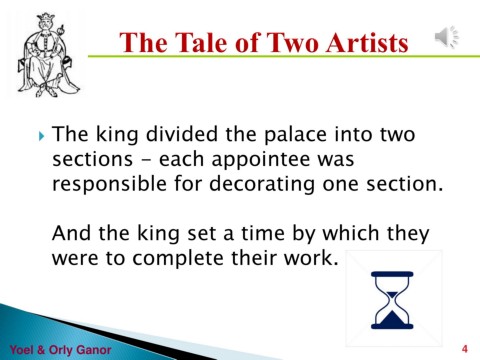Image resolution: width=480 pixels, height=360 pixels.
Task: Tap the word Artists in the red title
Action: click(367, 43)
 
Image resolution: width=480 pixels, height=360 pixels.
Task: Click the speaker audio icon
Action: click(447, 36)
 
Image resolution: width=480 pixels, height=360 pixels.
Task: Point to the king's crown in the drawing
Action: click(45, 17)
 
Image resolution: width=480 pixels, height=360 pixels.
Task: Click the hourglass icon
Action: click(392, 300)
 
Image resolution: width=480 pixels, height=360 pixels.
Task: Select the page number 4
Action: click(465, 349)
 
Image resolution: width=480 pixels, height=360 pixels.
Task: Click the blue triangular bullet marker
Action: click(41, 136)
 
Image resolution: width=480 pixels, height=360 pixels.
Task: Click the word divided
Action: click(182, 134)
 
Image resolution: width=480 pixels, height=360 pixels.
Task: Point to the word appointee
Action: click(261, 160)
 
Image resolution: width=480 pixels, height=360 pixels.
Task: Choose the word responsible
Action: click(109, 184)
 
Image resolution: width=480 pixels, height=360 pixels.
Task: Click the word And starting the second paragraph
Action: click(71, 233)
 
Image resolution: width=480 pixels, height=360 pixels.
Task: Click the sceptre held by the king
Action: click(62, 38)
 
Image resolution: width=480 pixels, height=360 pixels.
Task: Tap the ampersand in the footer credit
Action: click(41, 350)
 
